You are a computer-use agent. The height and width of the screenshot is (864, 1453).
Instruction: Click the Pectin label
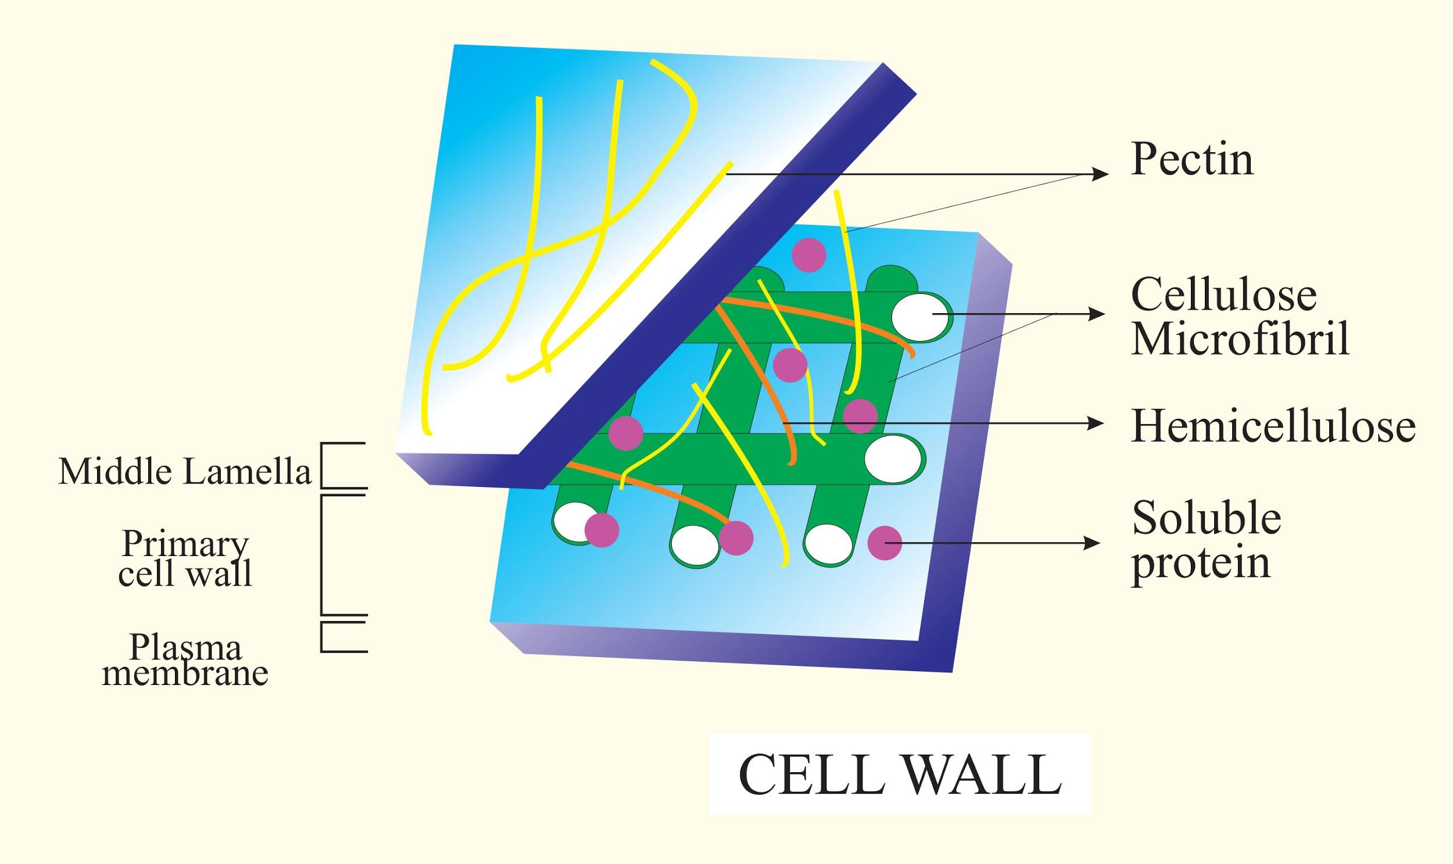click(1191, 159)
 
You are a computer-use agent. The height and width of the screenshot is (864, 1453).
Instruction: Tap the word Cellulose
click(1223, 295)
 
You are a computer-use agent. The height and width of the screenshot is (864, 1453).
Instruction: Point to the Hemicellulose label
click(1273, 426)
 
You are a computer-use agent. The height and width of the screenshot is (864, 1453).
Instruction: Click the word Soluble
click(1206, 518)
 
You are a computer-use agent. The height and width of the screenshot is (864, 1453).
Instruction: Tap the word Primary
click(185, 544)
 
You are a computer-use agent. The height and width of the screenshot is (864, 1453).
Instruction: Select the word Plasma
click(185, 647)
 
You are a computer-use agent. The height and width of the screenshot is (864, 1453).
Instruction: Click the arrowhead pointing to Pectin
click(1100, 174)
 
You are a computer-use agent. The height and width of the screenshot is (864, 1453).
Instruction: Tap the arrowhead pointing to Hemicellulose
click(1096, 423)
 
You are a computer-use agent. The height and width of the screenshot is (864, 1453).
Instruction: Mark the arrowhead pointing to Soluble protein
click(1093, 543)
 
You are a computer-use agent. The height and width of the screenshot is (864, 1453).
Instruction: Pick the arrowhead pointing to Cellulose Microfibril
click(1097, 314)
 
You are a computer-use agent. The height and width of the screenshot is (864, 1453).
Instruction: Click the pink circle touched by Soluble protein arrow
click(885, 543)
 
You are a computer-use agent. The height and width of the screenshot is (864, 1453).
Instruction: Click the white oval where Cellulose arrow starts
click(919, 317)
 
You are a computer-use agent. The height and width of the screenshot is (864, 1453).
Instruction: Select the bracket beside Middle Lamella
click(324, 466)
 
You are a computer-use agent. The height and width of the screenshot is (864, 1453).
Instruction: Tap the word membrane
click(185, 673)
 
